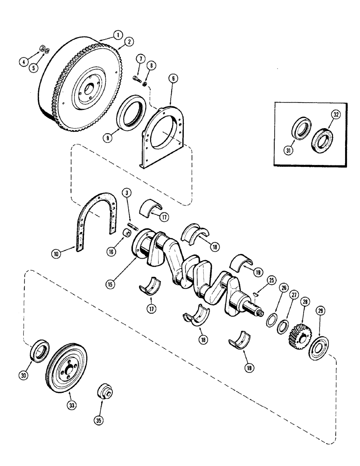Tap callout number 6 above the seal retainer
[172, 80]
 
